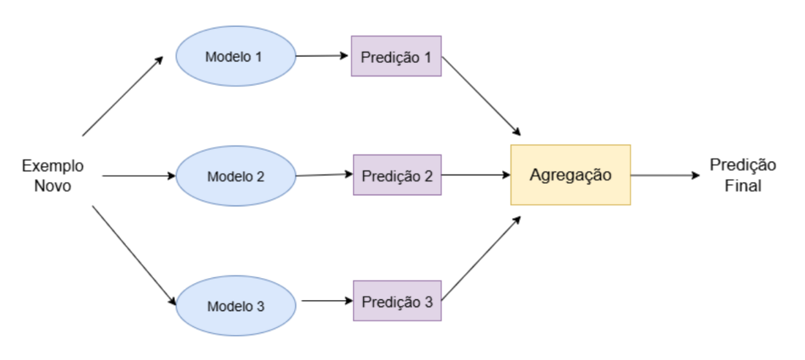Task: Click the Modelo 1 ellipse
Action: pos(236,56)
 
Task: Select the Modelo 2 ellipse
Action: pos(236,176)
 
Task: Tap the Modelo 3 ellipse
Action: pos(236,306)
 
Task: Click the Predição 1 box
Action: pos(397,56)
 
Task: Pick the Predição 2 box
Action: pos(397,175)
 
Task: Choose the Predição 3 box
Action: pos(397,301)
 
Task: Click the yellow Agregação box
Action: pos(570,175)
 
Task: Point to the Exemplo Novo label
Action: pos(53,176)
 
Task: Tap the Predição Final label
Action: pos(743,175)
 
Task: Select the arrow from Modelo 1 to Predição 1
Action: pos(323,56)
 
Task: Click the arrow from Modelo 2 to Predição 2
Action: pos(324,175)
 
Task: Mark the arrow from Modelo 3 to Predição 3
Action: pos(327,301)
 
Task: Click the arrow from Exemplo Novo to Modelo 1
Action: pos(123,96)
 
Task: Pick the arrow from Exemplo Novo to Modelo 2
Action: pos(139,176)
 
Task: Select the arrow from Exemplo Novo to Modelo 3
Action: pos(134,256)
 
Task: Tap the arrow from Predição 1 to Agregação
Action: pos(481,96)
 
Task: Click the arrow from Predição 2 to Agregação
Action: pos(476,175)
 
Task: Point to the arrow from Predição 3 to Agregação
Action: pos(481,258)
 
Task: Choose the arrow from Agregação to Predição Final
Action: pos(665,175)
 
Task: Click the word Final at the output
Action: pos(743,185)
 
